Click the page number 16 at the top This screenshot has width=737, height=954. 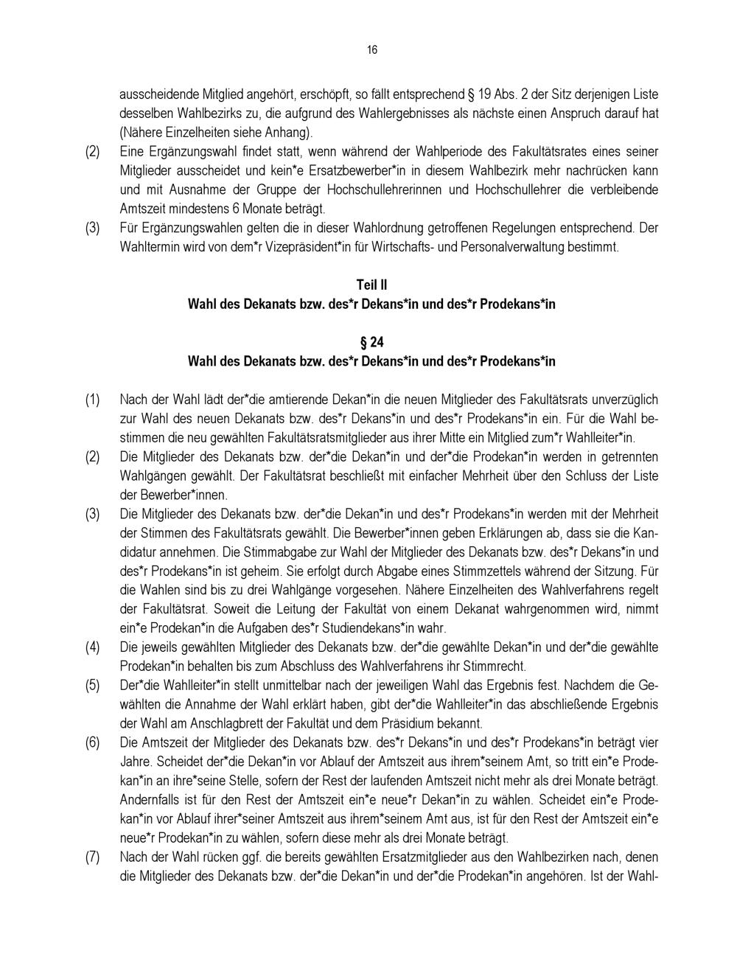371,50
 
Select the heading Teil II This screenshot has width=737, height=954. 371,285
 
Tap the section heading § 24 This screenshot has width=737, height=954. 371,342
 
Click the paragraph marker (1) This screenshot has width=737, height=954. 92,400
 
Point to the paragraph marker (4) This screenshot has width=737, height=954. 92,647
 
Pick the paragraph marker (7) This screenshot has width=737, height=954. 92,857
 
